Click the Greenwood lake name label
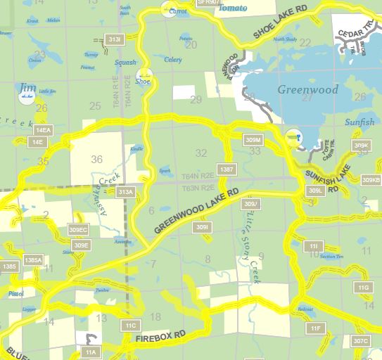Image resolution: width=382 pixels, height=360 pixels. coord(307,89)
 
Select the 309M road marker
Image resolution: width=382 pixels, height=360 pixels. coord(253,139)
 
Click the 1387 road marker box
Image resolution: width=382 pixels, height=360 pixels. coord(227,169)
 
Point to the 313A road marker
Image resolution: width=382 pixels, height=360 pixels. coord(126,192)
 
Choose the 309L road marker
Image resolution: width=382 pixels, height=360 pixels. coord(315,191)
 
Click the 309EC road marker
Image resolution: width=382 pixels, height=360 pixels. coord(78,230)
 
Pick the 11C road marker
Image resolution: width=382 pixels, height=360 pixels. coord(131,326)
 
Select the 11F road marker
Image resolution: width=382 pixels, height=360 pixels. coord(315,328)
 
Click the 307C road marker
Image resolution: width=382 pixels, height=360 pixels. coord(361,341)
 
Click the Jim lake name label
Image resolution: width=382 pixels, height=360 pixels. coord(27,86)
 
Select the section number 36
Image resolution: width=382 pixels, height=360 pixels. coord(97,159)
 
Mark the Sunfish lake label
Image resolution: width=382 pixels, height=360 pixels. coord(359,122)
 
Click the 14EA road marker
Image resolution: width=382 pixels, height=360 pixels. coord(44,130)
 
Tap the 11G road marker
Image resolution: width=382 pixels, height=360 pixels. coord(363,288)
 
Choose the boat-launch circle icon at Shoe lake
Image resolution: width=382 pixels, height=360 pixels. coord(144,75)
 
